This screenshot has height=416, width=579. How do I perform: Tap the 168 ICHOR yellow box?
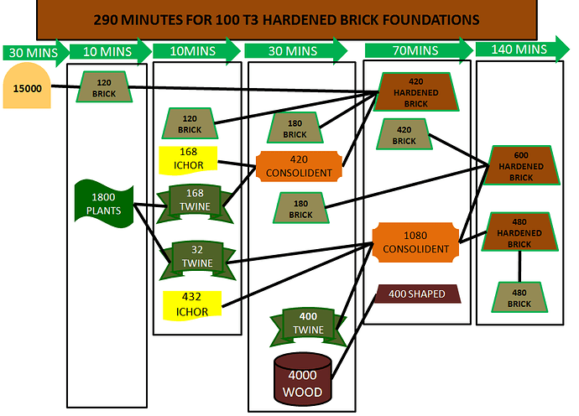pos(188,159)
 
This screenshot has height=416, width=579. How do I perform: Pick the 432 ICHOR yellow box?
pos(192,304)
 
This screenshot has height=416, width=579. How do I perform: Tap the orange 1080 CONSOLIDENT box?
pos(417,242)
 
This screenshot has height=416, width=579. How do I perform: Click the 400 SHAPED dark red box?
pos(418,294)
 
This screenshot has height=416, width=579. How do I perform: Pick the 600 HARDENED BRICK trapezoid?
pos(521,165)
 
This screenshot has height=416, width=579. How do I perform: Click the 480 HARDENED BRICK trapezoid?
pos(519,232)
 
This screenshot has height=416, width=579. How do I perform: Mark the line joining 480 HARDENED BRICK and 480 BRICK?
pos(519,267)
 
